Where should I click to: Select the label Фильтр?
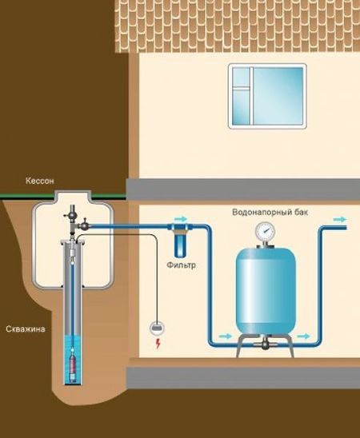[x=181, y=264]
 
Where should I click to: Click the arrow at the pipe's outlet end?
[x=342, y=218]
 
